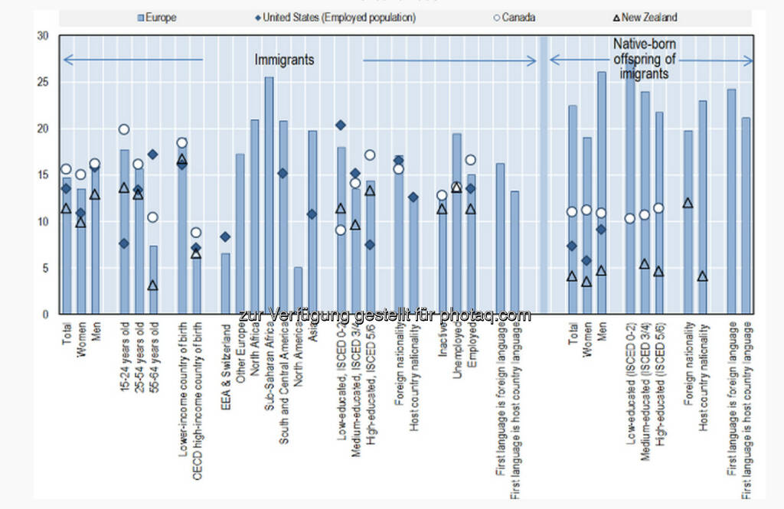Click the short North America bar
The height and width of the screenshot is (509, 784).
coord(298,290)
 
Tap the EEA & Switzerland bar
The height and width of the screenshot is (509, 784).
coord(225,283)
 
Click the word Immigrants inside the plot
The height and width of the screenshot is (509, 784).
coord(284,60)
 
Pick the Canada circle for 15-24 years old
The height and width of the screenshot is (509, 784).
coord(124,129)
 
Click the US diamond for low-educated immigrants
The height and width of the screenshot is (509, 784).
coord(341,125)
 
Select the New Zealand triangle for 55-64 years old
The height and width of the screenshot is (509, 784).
coord(153,285)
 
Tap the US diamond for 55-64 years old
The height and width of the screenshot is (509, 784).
coord(153,155)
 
